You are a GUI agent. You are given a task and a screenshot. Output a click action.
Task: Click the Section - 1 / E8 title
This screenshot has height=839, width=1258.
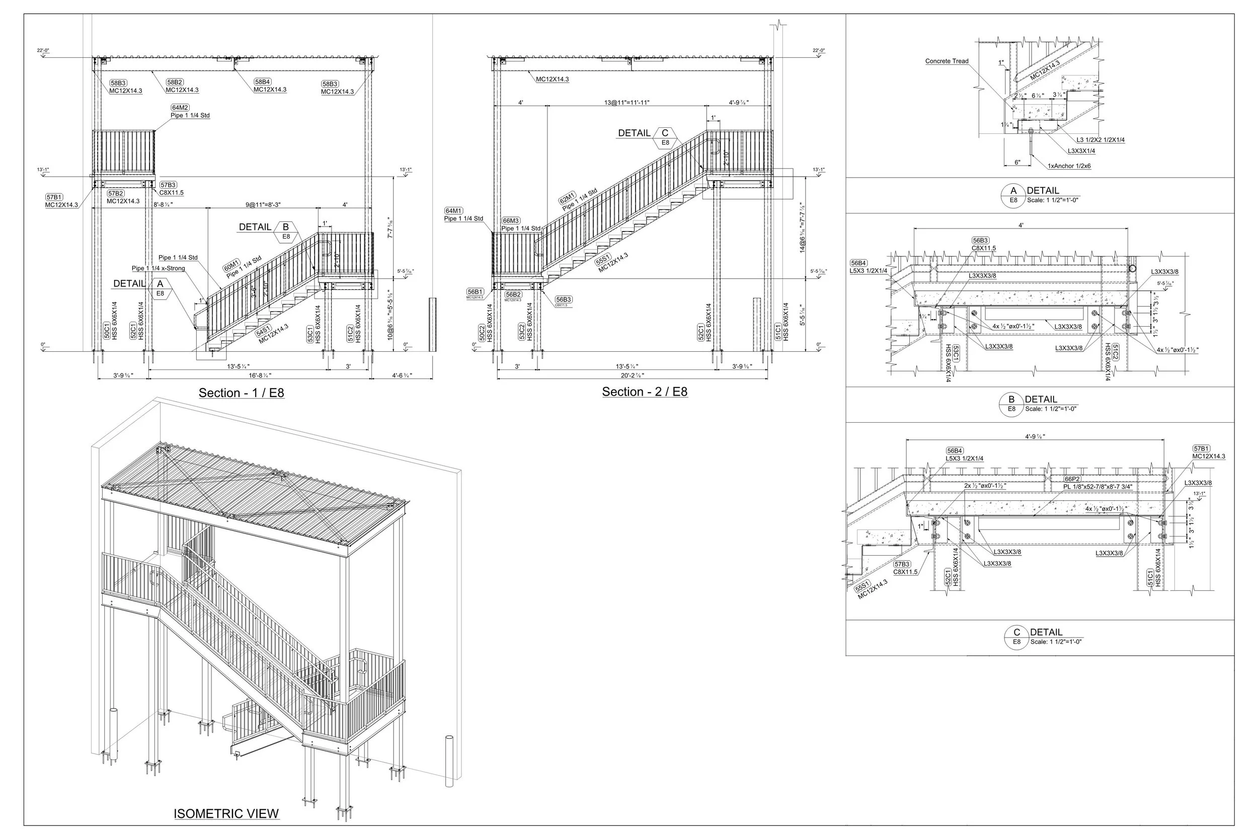(241, 393)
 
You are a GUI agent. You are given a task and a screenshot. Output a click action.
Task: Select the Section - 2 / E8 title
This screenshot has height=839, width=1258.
(645, 392)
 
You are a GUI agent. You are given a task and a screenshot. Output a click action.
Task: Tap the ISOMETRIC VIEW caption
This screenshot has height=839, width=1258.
(226, 814)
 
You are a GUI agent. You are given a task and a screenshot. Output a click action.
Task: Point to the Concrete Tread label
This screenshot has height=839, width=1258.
(947, 61)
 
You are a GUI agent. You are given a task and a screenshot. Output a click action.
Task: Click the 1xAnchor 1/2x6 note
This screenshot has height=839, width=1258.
(1069, 167)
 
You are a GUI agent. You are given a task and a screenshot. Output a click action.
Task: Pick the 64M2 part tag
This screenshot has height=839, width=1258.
(180, 108)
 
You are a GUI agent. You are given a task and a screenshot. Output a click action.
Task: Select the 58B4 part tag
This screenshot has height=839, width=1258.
(262, 82)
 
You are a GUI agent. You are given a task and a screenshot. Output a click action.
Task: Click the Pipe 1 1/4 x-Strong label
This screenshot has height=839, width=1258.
(159, 269)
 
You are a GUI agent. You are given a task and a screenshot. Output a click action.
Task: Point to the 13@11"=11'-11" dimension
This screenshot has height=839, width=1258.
(627, 103)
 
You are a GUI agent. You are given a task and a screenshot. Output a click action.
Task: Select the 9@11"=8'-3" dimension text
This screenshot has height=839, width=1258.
(263, 205)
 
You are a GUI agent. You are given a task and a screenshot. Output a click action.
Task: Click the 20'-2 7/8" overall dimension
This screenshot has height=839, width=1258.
(632, 375)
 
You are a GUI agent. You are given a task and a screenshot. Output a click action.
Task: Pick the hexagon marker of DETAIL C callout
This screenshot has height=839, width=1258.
(665, 137)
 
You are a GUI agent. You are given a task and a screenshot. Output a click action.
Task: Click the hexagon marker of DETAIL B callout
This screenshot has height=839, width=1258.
(286, 231)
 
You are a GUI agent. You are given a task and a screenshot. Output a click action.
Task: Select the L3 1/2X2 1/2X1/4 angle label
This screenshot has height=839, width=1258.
(1100, 140)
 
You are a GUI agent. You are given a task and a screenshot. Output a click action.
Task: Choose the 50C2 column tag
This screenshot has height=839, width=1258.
(482, 333)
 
